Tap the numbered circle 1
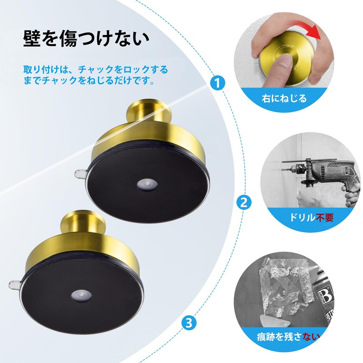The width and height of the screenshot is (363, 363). click(x=218, y=83)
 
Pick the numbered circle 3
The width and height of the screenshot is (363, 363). click(x=188, y=323)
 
